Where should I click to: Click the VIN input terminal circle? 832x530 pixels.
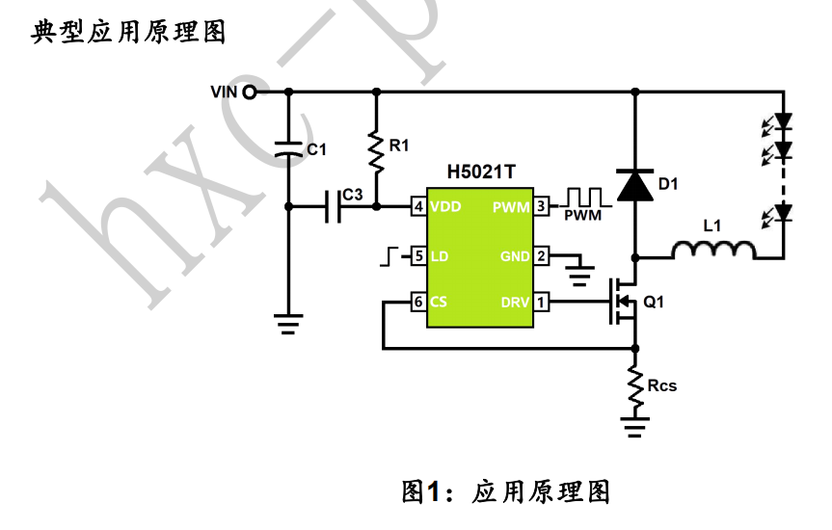click(x=250, y=93)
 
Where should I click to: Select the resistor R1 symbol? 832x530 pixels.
click(x=376, y=147)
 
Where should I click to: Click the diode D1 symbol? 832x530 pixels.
click(x=634, y=183)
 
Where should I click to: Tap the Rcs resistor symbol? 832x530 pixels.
click(x=634, y=385)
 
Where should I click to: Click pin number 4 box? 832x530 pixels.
click(x=418, y=206)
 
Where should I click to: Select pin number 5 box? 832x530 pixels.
click(x=418, y=256)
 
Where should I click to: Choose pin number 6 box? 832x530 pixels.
click(x=418, y=302)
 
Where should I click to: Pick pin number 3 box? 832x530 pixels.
click(x=542, y=206)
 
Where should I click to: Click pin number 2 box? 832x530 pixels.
click(x=542, y=256)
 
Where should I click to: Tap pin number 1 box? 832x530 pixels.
click(x=542, y=303)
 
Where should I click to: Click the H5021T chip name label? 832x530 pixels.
click(x=481, y=173)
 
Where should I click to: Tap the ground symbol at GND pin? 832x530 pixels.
click(x=578, y=274)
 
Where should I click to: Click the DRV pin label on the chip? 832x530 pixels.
click(x=515, y=303)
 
